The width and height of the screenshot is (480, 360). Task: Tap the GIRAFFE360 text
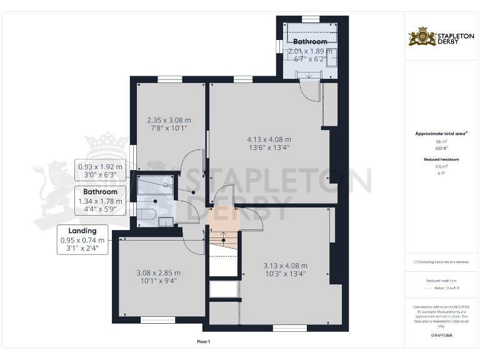[441, 336]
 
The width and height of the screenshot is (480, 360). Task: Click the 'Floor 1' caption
[204, 341]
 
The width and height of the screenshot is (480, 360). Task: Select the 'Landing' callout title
[82, 231]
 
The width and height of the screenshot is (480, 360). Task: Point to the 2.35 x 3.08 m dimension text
[169, 120]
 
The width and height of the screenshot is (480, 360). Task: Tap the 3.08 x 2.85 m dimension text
[159, 272]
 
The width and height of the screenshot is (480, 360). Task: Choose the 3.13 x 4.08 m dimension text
[286, 266]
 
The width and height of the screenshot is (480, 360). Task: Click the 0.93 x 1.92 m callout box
[101, 171]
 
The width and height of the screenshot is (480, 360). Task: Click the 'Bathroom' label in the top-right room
[311, 42]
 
